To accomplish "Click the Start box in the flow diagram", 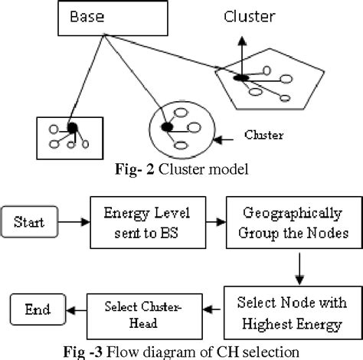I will [31, 224].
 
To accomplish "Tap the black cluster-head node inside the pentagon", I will [240, 77].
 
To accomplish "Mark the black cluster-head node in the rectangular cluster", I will [71, 128].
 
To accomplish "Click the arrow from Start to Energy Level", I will [74, 224].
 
